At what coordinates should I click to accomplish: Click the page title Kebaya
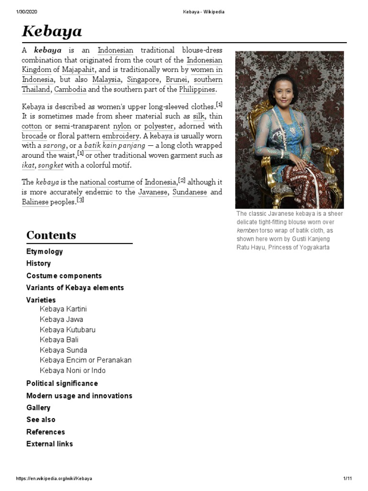coord(52,32)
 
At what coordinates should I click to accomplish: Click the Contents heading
coord(51,235)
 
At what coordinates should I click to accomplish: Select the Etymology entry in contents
coord(45,251)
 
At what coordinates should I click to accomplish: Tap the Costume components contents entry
coord(64,276)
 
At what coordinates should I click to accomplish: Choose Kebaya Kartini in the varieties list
coord(63,309)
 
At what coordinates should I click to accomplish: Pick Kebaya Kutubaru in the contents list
coord(68,329)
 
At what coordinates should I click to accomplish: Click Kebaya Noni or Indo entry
coord(73,370)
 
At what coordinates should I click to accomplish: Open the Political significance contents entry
coord(62,383)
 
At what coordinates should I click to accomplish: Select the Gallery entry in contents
coord(38,408)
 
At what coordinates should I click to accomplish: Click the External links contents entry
coord(50,444)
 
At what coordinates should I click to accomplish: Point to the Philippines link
coord(197,90)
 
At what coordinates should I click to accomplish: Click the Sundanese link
coord(190,192)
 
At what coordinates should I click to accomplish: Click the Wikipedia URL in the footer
coord(54,479)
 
